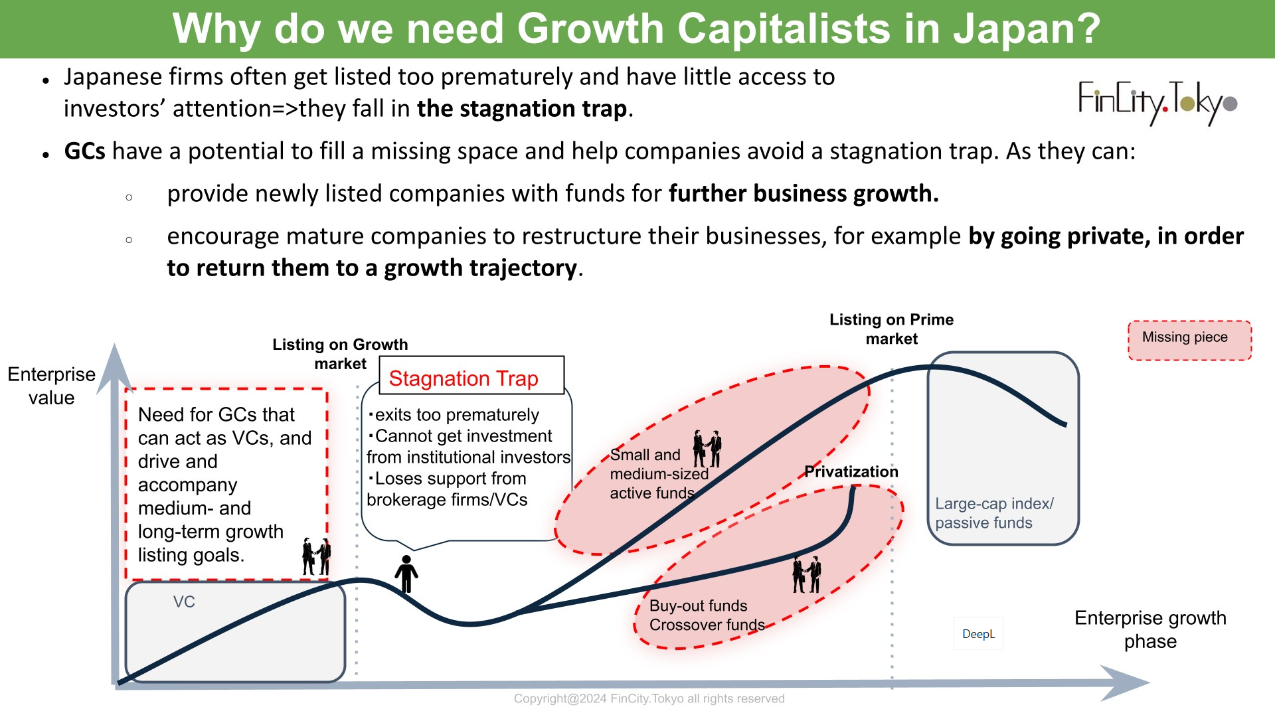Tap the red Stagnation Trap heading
(464, 378)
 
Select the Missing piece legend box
(1189, 341)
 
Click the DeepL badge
(978, 633)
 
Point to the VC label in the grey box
(184, 601)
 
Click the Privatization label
(851, 471)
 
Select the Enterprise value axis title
(51, 386)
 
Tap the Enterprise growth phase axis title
(1150, 629)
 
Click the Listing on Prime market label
(891, 329)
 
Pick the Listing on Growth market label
(340, 354)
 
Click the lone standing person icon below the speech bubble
(406, 574)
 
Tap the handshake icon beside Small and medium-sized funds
(707, 449)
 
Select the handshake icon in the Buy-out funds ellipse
(807, 574)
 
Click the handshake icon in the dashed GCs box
(317, 556)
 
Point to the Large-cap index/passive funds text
(994, 513)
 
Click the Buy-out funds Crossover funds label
(707, 615)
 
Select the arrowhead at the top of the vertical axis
(114, 368)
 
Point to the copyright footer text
(649, 698)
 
